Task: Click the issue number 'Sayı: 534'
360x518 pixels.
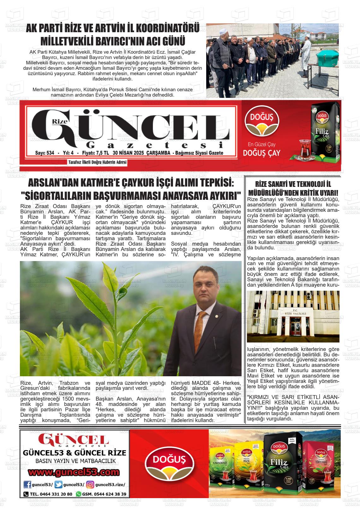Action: (45, 153)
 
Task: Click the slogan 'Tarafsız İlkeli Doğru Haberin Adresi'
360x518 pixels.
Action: (97, 163)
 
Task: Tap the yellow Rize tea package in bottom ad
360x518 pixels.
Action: (248, 467)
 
